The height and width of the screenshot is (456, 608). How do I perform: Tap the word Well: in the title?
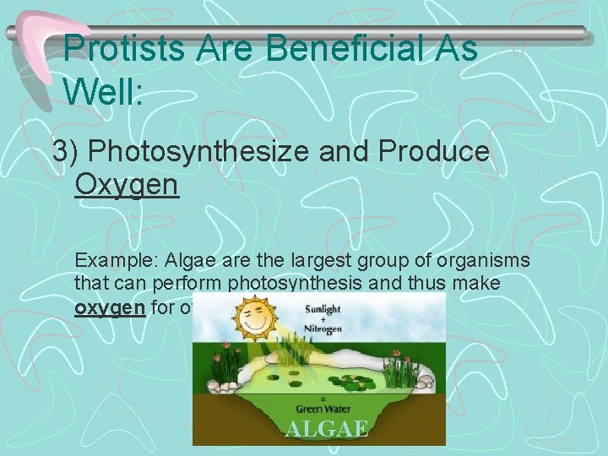pos(104,89)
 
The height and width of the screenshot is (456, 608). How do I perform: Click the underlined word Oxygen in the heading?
pos(127,183)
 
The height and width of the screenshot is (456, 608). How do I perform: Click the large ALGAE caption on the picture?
pos(327,429)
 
